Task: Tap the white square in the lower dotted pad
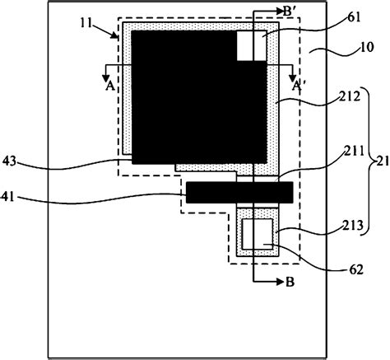point(262,233)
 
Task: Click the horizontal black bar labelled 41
point(239,193)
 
